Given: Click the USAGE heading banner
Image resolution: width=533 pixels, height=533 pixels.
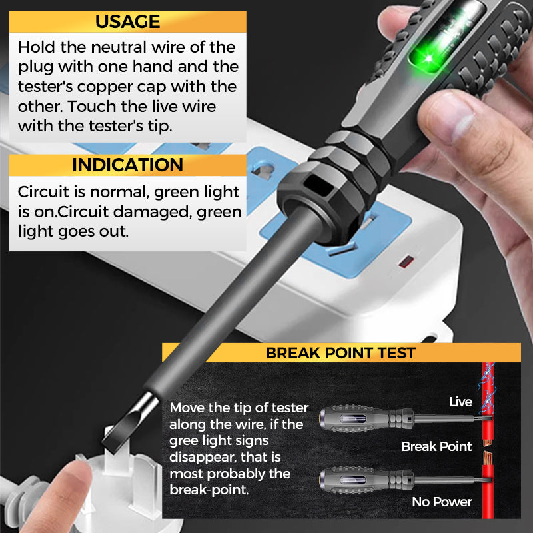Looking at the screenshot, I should coord(127,21).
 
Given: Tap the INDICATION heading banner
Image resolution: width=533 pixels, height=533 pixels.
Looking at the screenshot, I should coord(127,165).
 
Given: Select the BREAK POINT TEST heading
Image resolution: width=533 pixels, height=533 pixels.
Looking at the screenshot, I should coord(340,353).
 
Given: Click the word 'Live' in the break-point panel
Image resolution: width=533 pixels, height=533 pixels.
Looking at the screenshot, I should coord(460,402).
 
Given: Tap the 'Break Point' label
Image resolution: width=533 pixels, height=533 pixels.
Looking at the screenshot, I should coord(436,446).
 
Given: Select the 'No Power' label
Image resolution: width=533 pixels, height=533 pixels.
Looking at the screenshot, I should coord(442,502).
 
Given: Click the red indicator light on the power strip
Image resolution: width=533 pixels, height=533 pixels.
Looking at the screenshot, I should coord(404,262).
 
